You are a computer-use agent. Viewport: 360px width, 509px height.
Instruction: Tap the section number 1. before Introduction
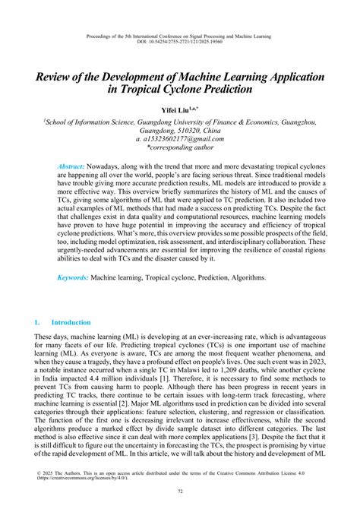[x=39, y=323]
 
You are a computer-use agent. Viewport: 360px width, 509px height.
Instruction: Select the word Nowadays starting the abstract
[x=110, y=166]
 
